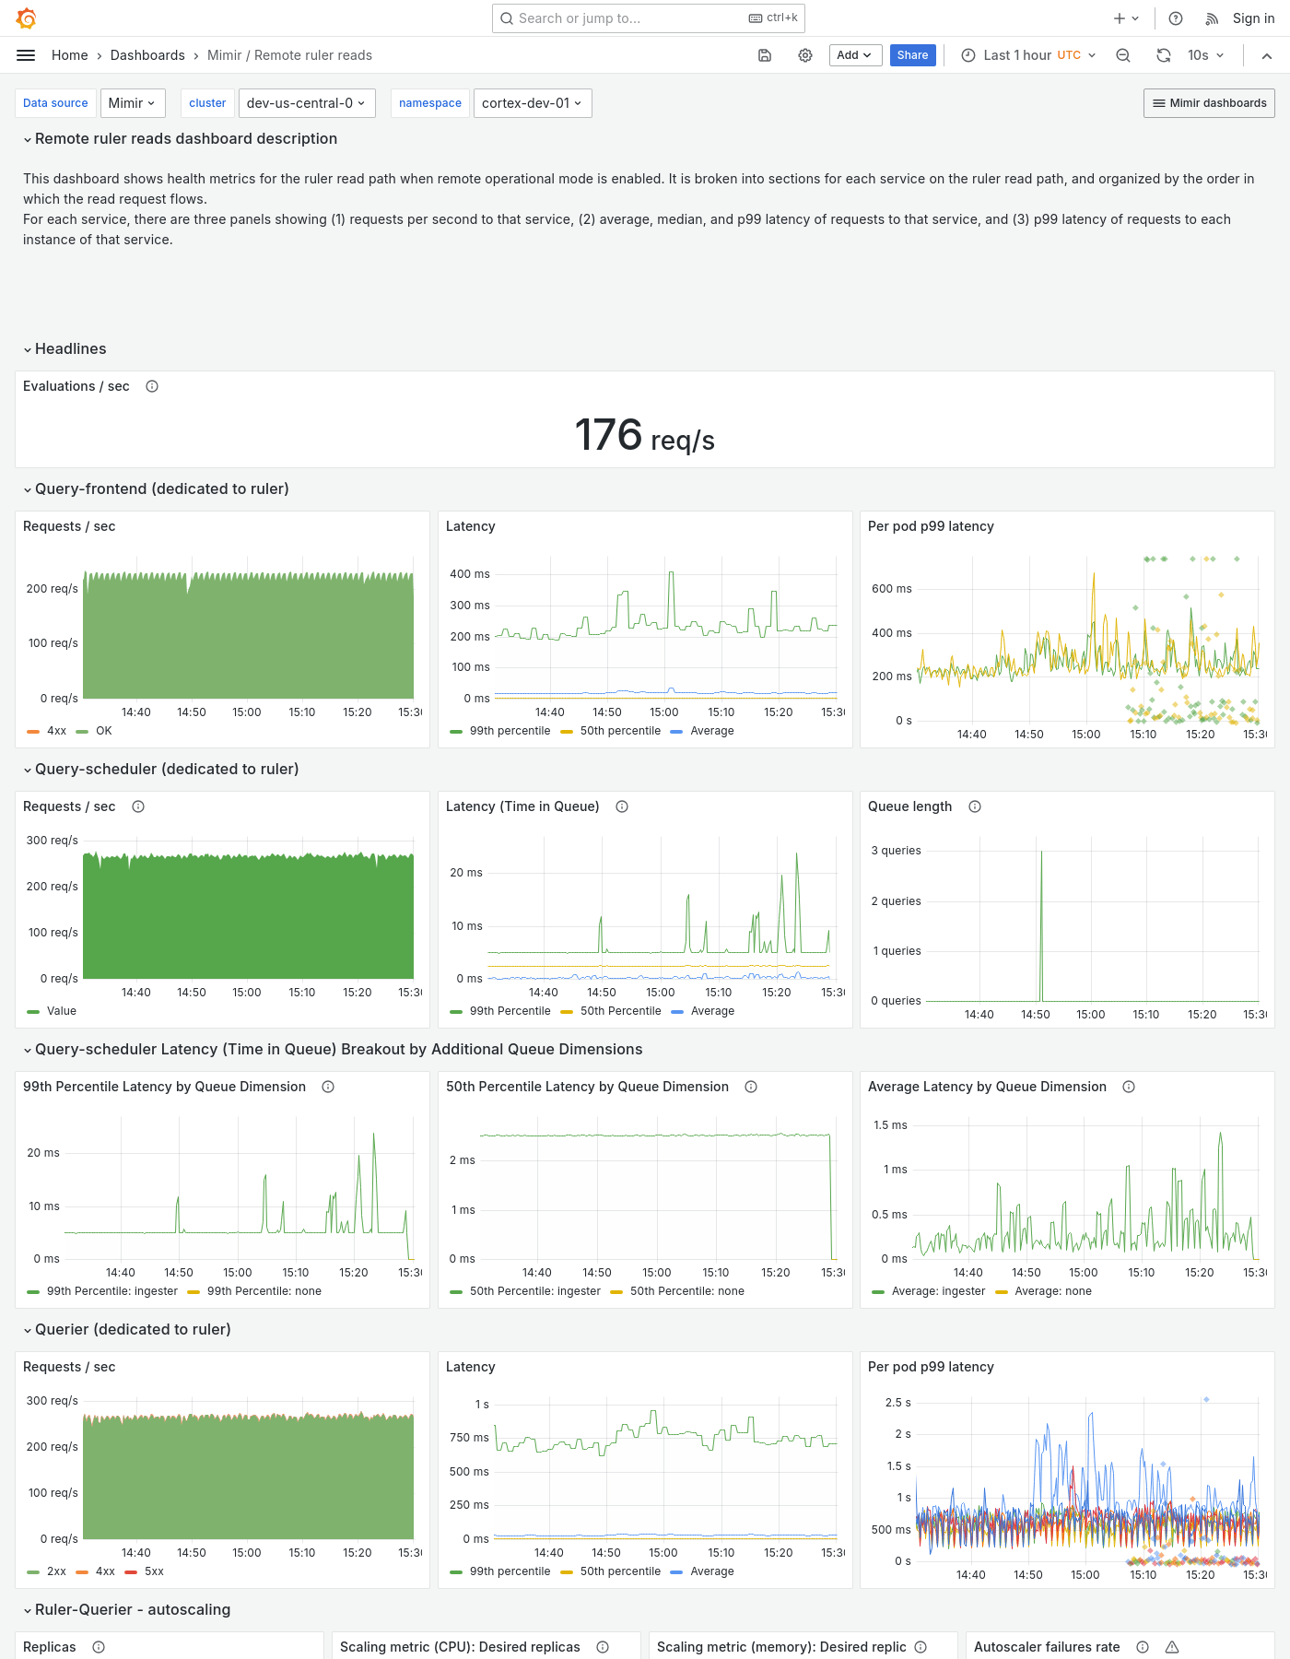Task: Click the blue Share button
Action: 912,55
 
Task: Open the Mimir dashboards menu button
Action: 1209,103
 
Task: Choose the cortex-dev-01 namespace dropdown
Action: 532,103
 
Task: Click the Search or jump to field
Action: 627,18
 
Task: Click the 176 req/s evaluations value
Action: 644,435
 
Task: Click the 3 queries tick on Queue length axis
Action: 896,851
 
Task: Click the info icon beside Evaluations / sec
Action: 152,386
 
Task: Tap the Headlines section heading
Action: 70,348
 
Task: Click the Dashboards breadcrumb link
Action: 147,55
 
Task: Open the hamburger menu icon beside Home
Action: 26,55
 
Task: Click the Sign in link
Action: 1253,18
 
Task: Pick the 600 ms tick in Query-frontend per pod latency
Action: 891,589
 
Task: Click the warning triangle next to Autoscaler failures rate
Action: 1172,1647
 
